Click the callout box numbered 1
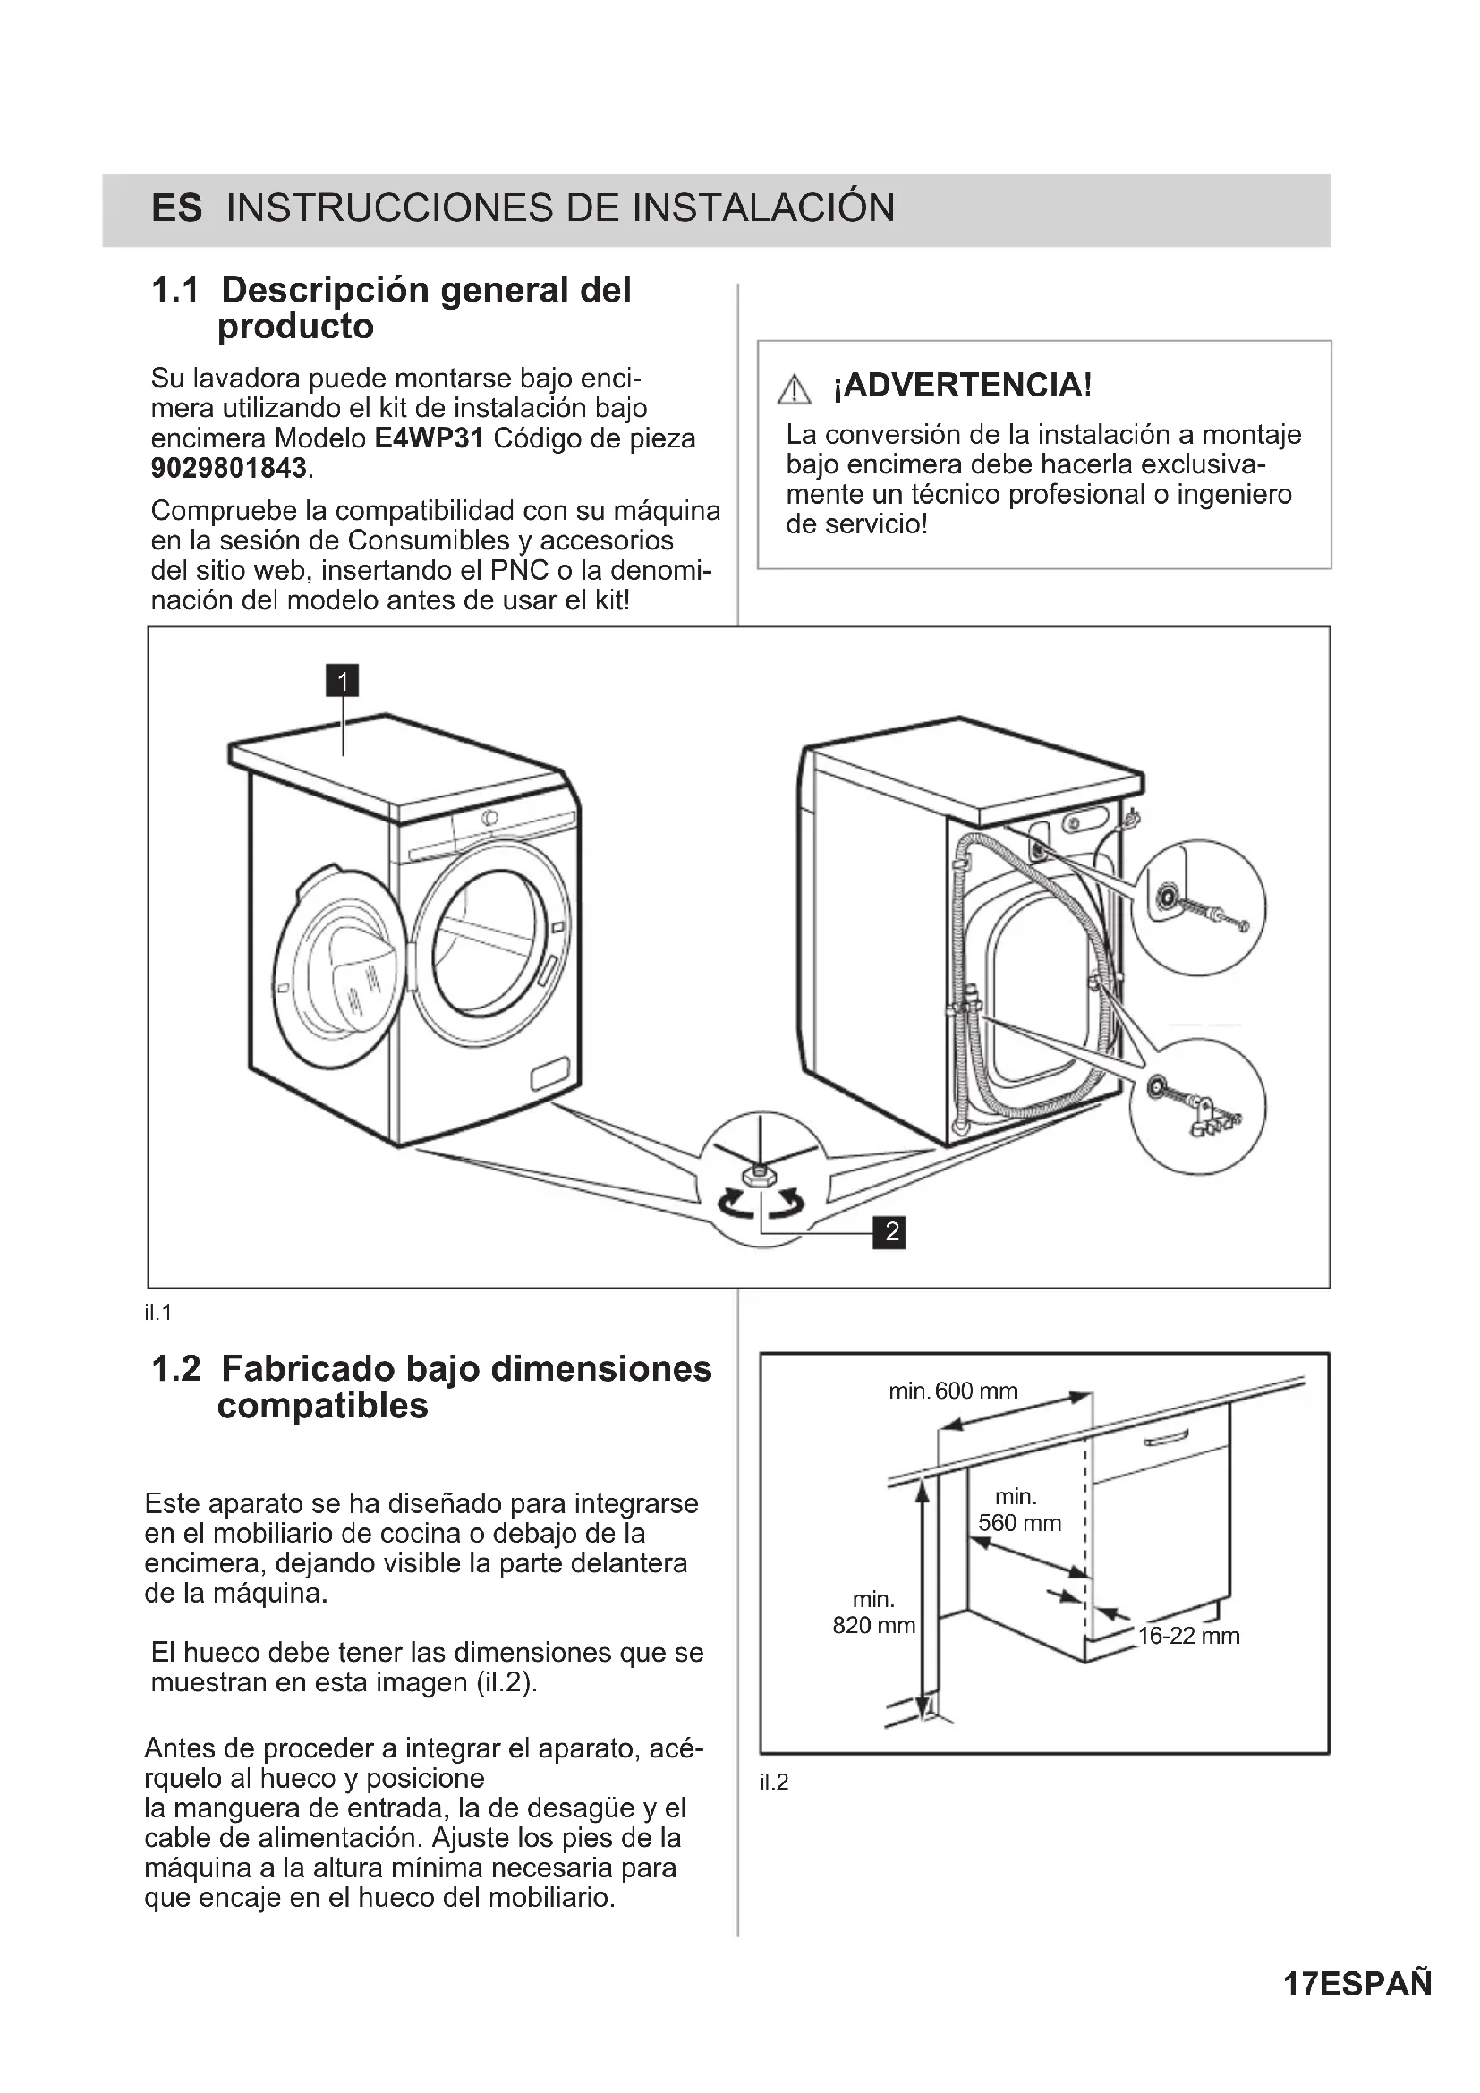click(343, 681)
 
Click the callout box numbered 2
click(890, 1231)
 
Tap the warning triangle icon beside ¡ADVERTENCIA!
click(795, 389)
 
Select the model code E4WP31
click(429, 438)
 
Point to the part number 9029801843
click(229, 469)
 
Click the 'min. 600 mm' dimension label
click(953, 1391)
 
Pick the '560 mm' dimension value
click(1020, 1522)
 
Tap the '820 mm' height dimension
click(874, 1625)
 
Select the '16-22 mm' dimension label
click(1188, 1637)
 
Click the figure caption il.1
click(157, 1313)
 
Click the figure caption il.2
click(774, 1782)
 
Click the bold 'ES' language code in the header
click(177, 208)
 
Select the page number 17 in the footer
click(1299, 1984)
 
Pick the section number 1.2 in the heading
click(175, 1369)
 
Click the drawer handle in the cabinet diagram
click(1166, 1440)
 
